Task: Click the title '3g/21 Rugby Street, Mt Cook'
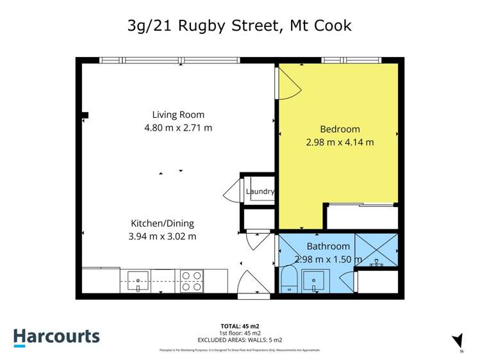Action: tap(240, 26)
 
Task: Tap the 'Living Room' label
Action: tap(178, 115)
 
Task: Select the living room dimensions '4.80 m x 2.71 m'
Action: tap(178, 127)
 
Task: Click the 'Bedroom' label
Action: tap(340, 129)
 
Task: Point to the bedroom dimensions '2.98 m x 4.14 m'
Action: tap(340, 142)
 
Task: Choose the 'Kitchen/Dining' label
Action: tap(162, 224)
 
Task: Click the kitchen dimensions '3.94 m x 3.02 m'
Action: tap(163, 236)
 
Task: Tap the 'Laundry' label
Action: tap(260, 192)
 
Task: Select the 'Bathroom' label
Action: tap(328, 246)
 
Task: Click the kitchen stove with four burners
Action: tap(192, 281)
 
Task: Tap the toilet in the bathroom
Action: tap(288, 279)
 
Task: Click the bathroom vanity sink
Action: tap(315, 280)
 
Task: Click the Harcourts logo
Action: tap(56, 337)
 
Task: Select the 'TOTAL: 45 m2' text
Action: tap(240, 325)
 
